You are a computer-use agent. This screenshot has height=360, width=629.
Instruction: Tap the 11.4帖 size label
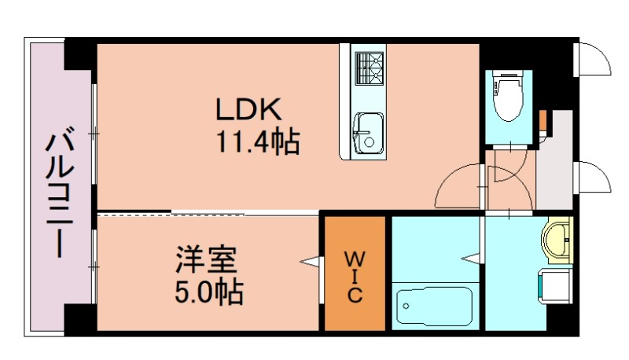[256, 141]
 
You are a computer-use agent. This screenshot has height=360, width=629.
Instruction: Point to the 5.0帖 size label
[208, 292]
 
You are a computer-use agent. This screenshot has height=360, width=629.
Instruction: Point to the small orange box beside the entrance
[543, 119]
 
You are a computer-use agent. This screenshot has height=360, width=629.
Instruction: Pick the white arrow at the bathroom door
[471, 258]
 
